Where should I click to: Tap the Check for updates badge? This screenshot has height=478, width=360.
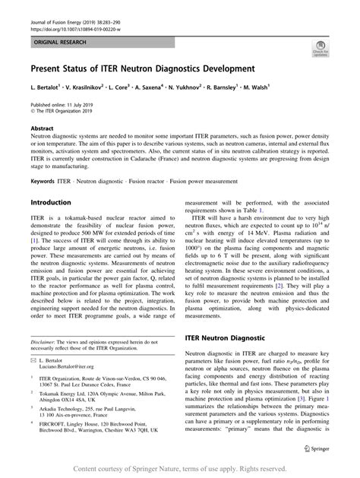(319, 50)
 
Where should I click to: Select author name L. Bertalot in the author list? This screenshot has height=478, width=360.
(46, 88)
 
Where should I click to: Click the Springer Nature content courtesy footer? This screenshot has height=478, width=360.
(180, 468)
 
